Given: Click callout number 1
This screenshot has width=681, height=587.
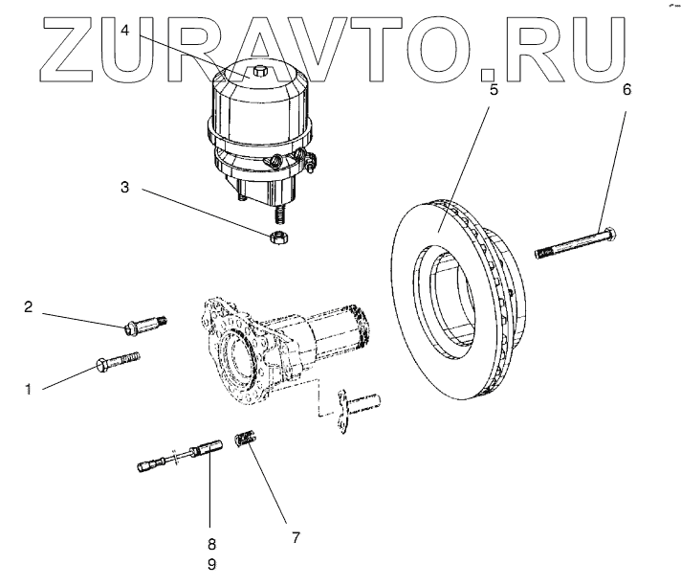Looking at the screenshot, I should (28, 390).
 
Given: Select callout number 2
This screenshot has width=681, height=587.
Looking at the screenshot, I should (28, 306).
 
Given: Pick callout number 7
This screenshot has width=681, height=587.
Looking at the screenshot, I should (295, 538).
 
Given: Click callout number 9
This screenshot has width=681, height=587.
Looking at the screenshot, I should (211, 564).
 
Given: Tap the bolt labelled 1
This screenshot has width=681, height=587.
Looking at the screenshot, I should (119, 360).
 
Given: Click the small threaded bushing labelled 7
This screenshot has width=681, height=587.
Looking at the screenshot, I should (247, 442).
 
